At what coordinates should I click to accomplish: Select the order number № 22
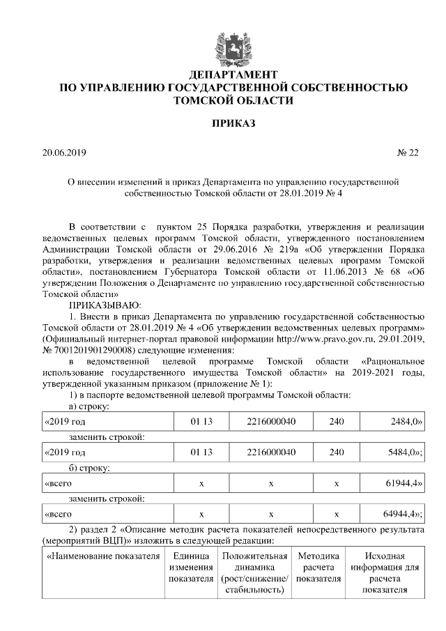coord(408,151)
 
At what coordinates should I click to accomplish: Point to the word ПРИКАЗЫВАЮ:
coord(104,305)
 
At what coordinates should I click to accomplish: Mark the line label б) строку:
coord(91,467)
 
